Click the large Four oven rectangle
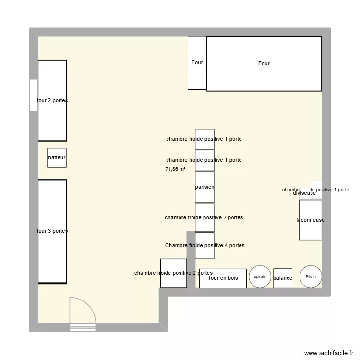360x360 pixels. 264,64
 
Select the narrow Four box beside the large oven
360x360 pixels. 197,63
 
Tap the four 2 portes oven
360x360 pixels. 52,100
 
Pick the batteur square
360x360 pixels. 57,157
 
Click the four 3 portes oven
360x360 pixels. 52,231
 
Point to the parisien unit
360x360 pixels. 204,187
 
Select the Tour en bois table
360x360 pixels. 223,278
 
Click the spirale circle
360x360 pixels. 260,277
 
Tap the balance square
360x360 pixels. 283,278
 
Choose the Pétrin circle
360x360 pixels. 311,276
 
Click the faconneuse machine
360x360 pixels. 310,220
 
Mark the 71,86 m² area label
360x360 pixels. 175,169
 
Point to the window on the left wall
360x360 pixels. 34,95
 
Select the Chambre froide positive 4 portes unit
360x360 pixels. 204,245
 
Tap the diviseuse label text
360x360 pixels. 304,193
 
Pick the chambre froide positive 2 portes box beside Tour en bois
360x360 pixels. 173,273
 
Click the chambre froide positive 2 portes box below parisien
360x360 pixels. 204,217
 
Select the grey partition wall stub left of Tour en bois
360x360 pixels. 191,259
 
